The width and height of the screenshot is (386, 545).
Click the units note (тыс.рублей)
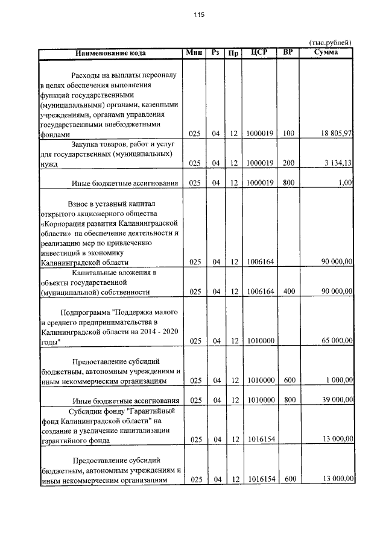[330, 43]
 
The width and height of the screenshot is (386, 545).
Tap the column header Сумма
[326, 52]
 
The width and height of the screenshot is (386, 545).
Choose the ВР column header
[288, 52]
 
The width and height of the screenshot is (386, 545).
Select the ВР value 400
[288, 291]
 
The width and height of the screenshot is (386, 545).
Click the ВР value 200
[288, 163]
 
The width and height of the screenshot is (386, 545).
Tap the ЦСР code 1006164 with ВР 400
[261, 291]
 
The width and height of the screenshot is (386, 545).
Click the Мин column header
[194, 52]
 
